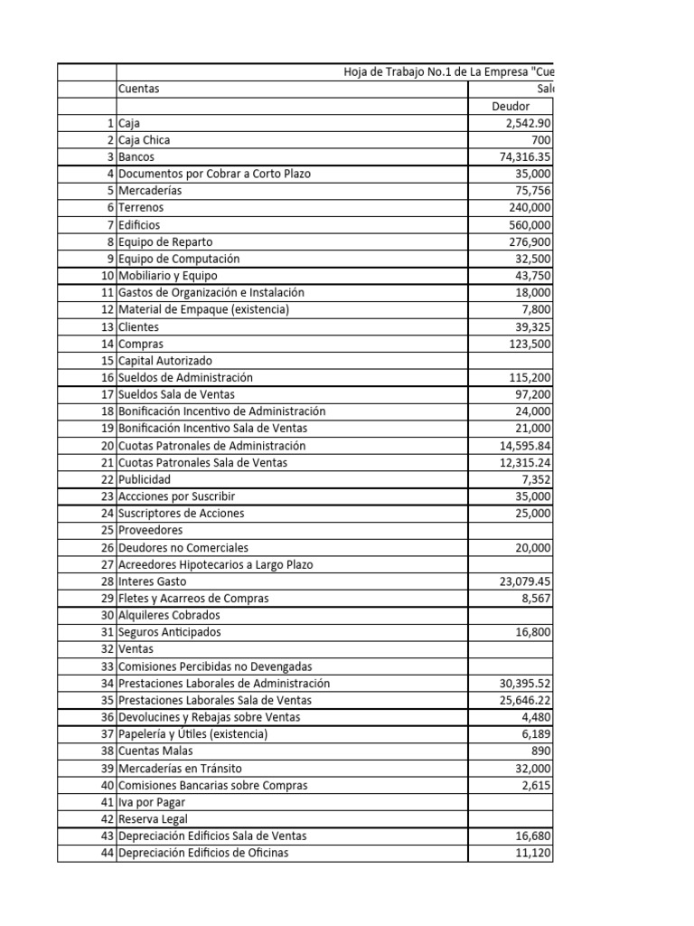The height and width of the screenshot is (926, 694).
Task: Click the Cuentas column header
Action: click(x=139, y=89)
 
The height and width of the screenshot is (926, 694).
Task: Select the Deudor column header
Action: click(x=511, y=106)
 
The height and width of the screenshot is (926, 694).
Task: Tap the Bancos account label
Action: click(x=136, y=156)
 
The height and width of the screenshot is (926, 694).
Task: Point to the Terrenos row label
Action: click(x=141, y=207)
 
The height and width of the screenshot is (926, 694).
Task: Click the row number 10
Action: click(x=108, y=275)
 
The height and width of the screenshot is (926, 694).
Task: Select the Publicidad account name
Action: click(x=145, y=479)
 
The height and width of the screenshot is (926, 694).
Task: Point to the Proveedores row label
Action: click(x=150, y=530)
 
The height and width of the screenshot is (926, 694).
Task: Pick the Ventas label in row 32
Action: click(x=136, y=649)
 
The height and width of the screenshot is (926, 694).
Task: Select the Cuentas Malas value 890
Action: click(x=540, y=751)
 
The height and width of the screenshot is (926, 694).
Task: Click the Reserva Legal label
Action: click(x=154, y=819)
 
